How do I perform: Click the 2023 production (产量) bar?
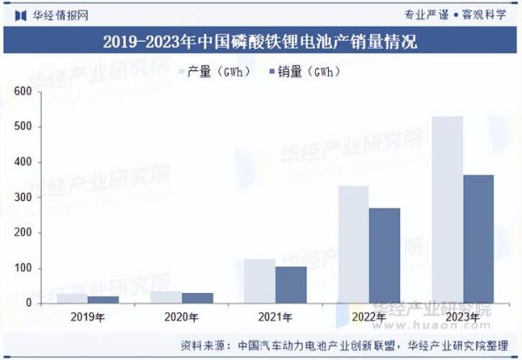point(446,210)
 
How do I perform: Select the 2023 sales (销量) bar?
point(478,239)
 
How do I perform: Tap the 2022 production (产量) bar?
point(352,244)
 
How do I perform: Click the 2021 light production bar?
point(259,281)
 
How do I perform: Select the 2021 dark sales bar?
point(291,284)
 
